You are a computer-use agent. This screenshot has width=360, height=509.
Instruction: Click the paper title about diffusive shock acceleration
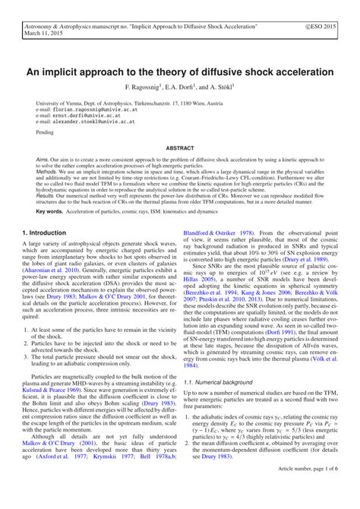click(x=179, y=72)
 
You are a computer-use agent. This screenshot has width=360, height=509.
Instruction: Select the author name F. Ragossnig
click(x=147, y=87)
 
